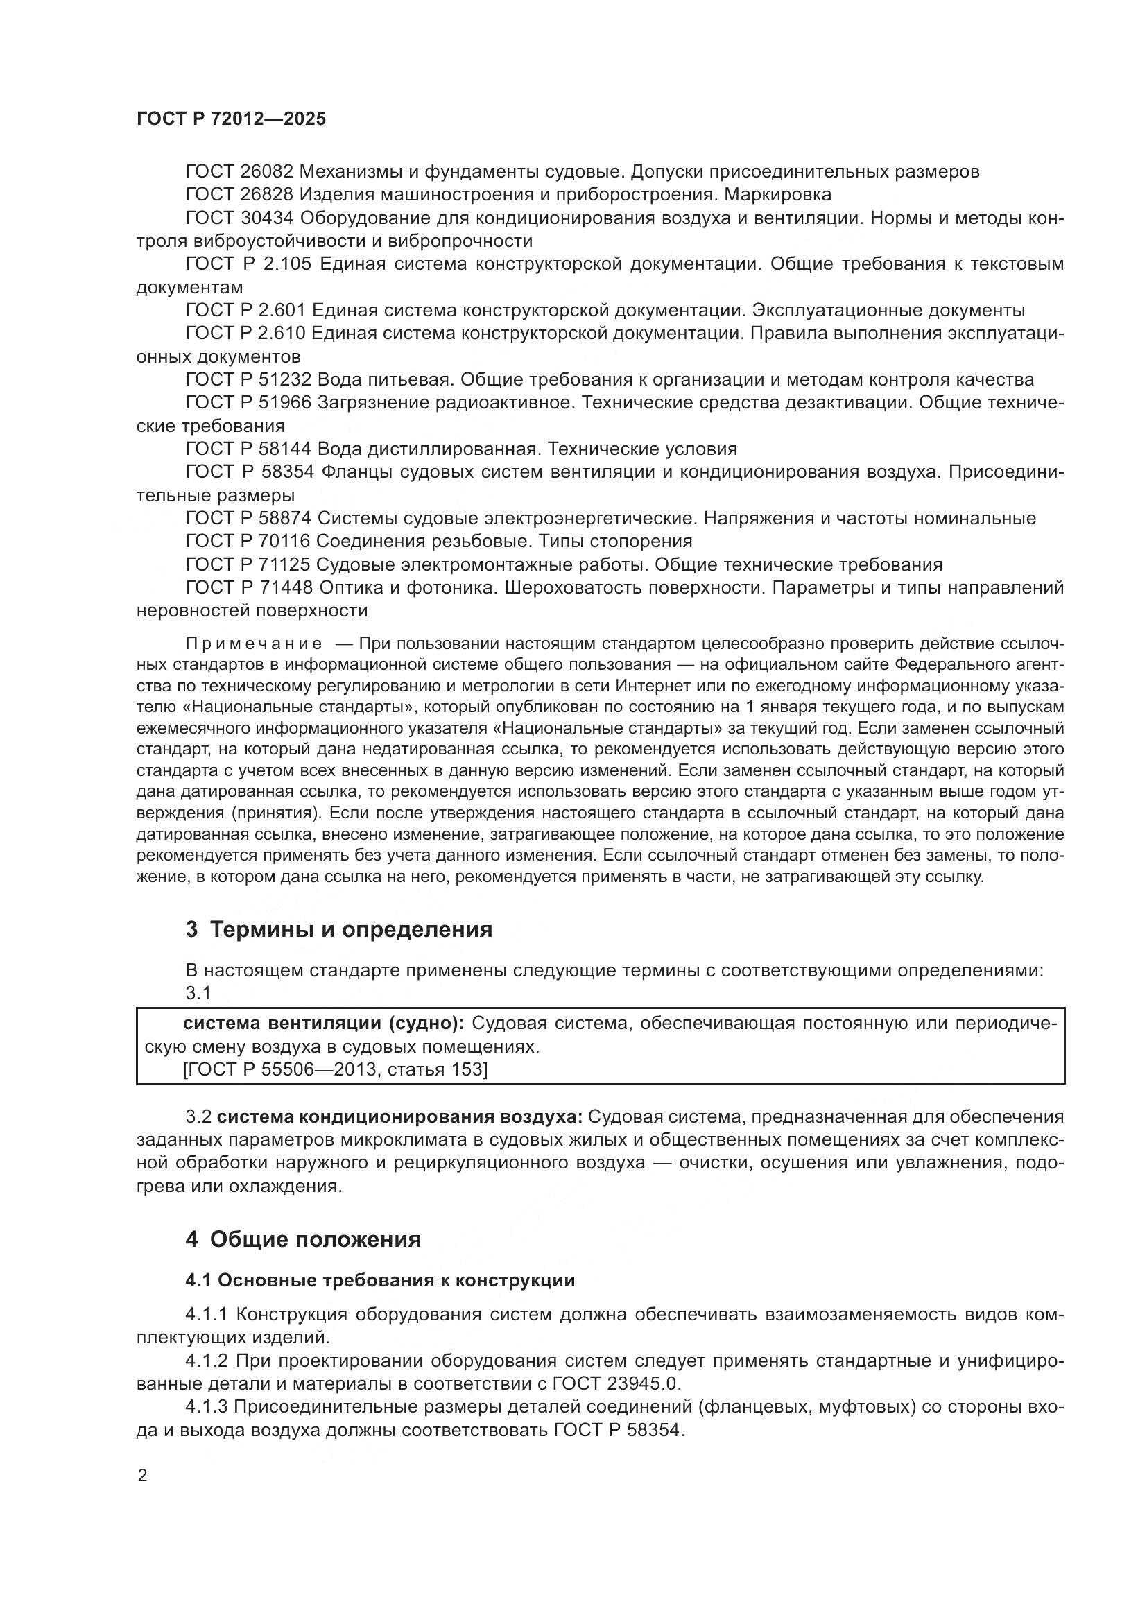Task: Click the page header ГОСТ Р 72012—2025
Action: coord(231,119)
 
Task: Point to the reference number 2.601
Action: coord(279,310)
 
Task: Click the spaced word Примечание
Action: coord(254,644)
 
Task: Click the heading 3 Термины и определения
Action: coord(339,929)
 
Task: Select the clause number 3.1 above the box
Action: coord(198,992)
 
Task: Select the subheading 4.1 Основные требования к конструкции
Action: coord(380,1280)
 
